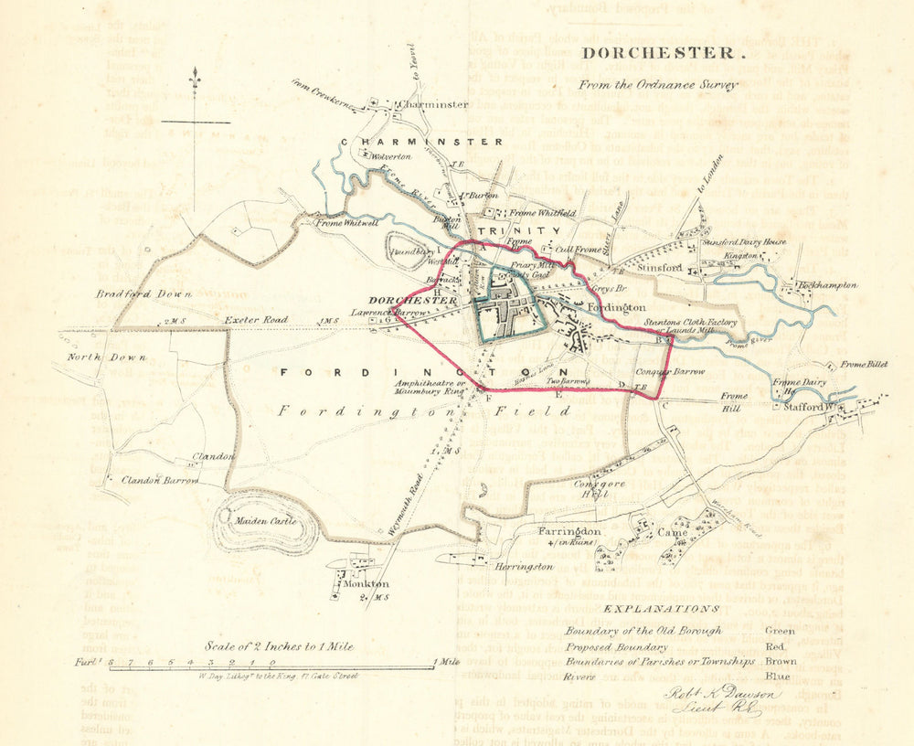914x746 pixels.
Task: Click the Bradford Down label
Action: (144, 294)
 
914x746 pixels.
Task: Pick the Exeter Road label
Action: (257, 320)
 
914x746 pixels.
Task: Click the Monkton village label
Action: (365, 583)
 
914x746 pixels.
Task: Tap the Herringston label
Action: (525, 567)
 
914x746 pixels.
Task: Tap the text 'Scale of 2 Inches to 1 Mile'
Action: (279, 645)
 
